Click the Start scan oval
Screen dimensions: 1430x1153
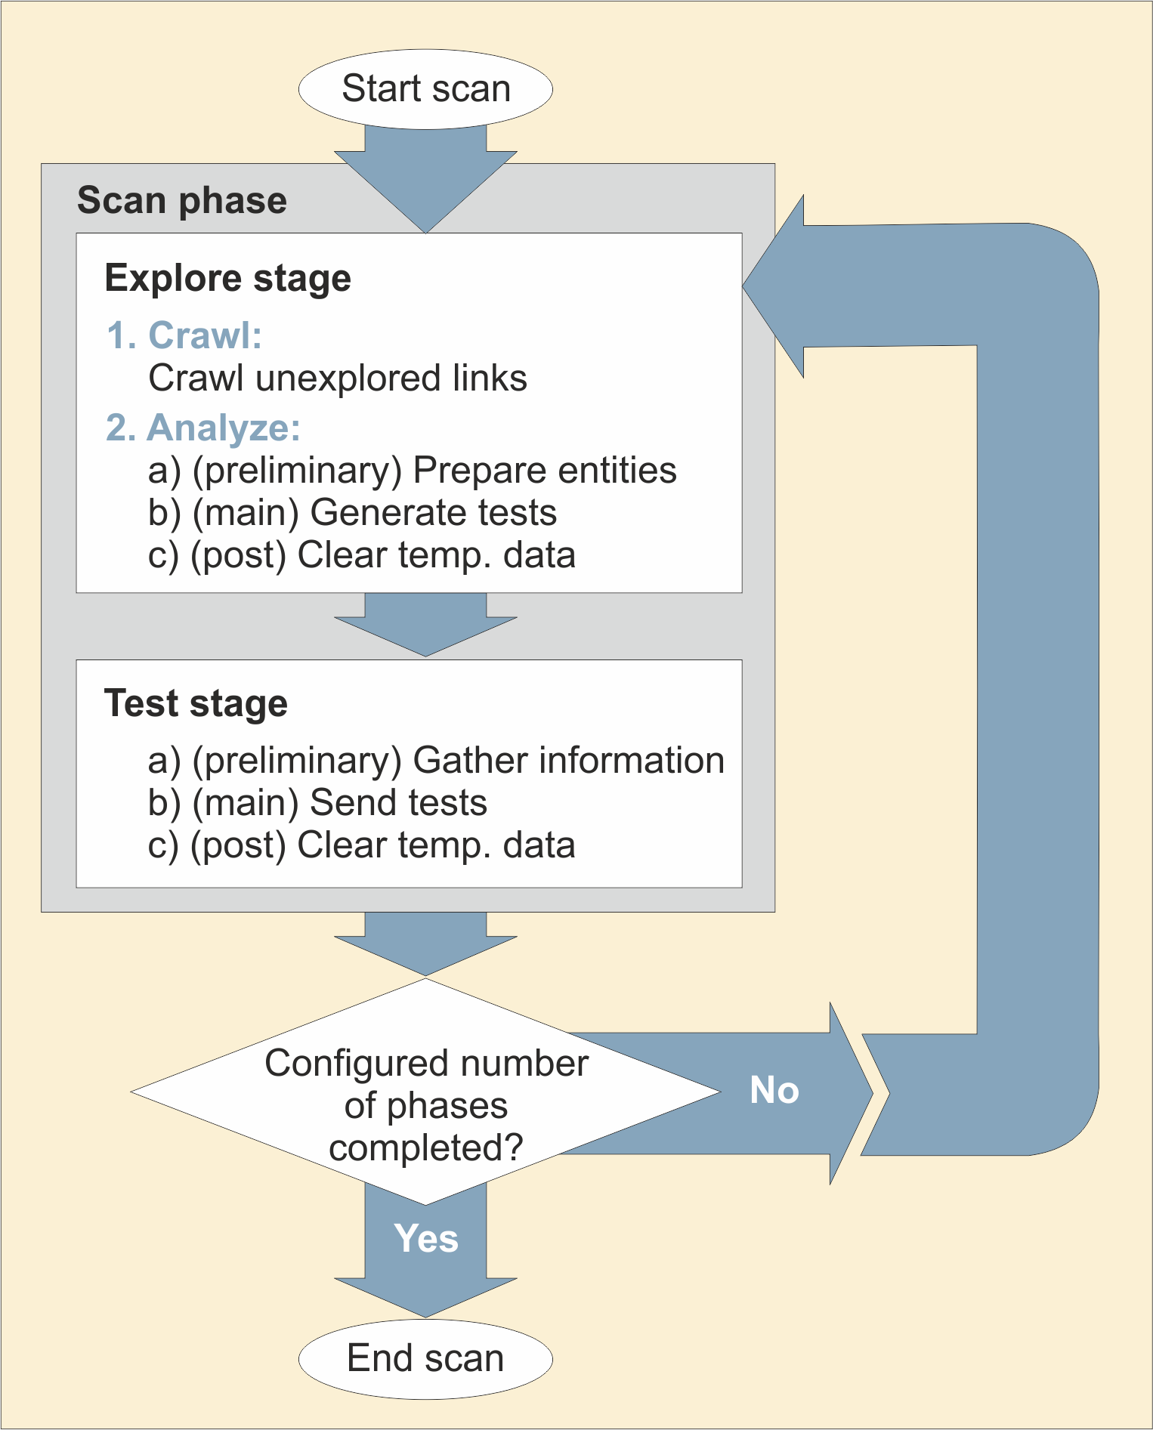[x=425, y=89]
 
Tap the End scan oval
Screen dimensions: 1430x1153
[x=425, y=1358]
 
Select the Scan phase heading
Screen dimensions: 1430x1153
[x=182, y=201]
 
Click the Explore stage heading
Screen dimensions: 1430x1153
[x=227, y=278]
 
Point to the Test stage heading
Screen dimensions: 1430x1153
[x=196, y=703]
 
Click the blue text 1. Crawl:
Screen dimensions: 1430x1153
[x=184, y=335]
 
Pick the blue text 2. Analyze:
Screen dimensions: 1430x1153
[x=203, y=428]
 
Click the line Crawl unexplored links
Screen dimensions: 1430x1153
[x=337, y=378]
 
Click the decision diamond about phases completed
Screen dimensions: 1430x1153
[x=425, y=1092]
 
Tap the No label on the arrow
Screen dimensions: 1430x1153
[x=774, y=1091]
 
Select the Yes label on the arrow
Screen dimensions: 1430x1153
[x=426, y=1239]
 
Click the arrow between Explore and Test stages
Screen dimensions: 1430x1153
[x=425, y=623]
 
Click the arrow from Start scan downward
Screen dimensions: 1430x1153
[x=425, y=178]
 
